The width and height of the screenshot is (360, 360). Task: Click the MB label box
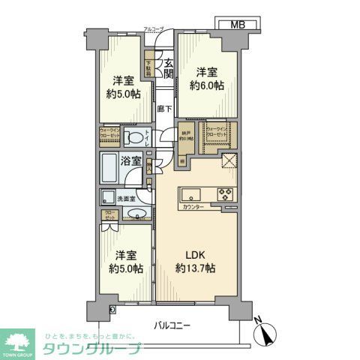tap(237, 25)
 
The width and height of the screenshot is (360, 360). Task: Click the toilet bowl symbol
tap(133, 137)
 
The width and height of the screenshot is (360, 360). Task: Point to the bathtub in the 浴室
tap(112, 166)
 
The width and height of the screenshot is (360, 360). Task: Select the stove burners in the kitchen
tap(226, 193)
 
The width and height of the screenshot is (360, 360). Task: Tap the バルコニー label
tap(172, 325)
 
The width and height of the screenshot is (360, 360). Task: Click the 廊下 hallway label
tap(165, 109)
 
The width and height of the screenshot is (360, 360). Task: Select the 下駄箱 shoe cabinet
tap(150, 69)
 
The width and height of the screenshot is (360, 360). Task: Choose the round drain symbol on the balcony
tap(112, 309)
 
